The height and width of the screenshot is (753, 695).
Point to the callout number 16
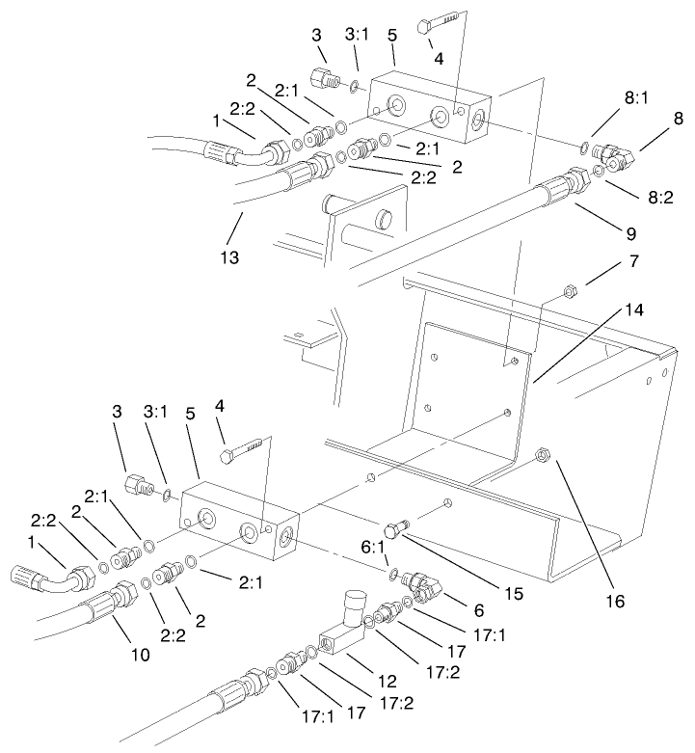click(614, 601)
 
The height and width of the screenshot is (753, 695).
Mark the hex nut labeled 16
click(543, 453)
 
